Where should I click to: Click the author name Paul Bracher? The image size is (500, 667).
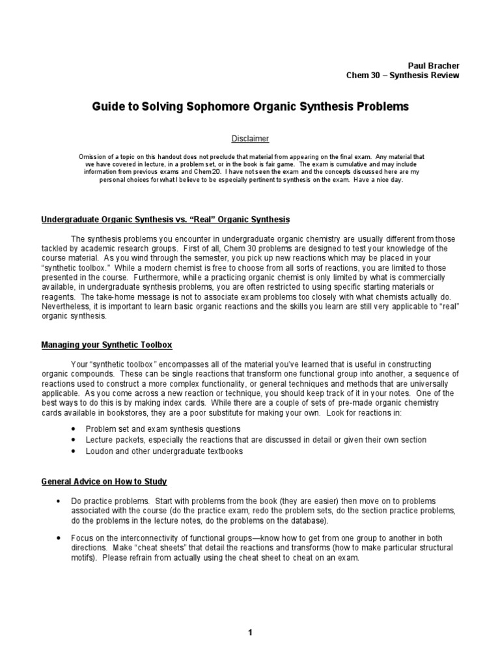434,66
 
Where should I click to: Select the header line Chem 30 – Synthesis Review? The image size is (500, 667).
402,76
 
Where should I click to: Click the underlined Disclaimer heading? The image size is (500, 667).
250,139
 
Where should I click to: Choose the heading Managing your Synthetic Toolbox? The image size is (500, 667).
107,345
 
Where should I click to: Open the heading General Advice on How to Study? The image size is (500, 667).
104,481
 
